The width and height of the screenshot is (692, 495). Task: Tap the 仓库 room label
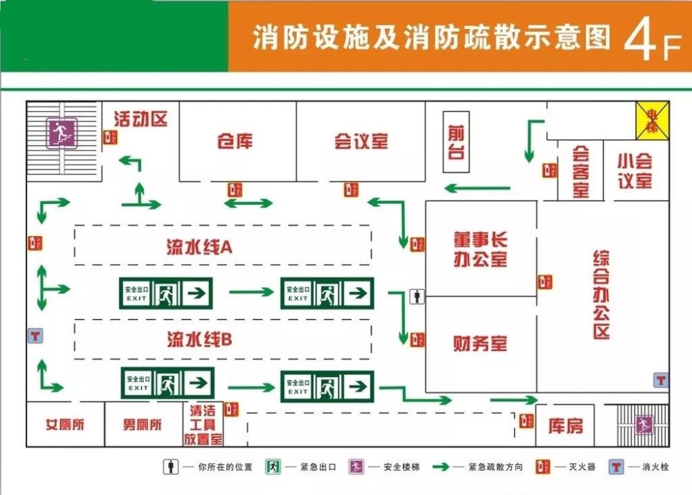tap(235, 142)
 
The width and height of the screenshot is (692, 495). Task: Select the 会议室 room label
tap(361, 142)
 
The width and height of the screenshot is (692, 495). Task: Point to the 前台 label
tap(456, 142)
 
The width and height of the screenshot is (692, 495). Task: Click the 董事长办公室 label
tap(480, 249)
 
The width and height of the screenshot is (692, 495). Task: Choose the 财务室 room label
tap(480, 343)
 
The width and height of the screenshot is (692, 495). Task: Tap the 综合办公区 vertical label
tap(601, 295)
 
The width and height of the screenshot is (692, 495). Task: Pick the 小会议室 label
tap(635, 171)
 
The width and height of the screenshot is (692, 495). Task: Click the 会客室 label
tap(580, 171)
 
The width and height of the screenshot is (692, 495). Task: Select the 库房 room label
tap(565, 426)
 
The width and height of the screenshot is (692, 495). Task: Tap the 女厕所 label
tap(65, 424)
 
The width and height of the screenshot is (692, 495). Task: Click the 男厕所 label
tap(143, 424)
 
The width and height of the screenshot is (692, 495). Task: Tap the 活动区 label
tap(140, 119)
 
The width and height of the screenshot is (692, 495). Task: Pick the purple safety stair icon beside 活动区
tap(62, 133)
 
